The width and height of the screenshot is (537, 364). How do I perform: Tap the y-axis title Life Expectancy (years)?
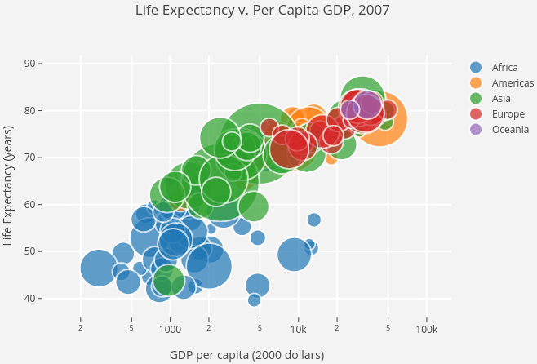[x=9, y=185]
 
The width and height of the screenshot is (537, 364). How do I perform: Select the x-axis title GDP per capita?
[x=246, y=355]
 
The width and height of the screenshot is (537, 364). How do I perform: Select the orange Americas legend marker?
[x=477, y=82]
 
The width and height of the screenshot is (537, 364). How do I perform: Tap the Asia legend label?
[x=502, y=98]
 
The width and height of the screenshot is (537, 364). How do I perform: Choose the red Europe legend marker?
[x=477, y=113]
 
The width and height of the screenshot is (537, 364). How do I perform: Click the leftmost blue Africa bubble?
[x=99, y=269]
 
